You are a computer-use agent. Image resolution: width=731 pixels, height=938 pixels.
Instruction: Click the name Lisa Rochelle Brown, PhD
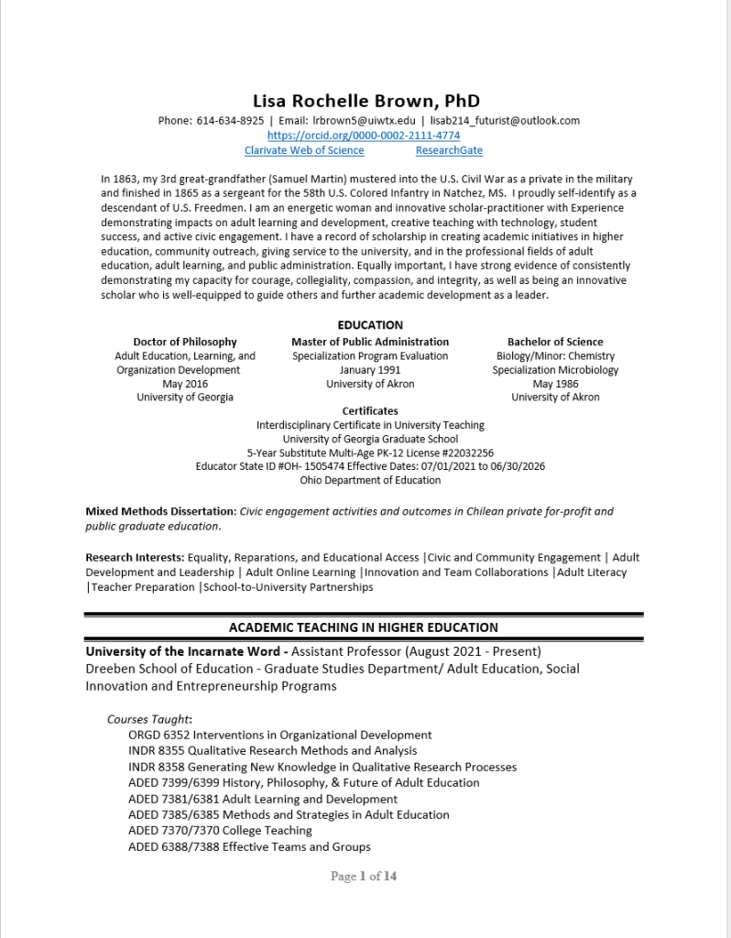point(365,101)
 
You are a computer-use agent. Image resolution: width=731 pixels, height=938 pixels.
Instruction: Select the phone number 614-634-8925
point(230,121)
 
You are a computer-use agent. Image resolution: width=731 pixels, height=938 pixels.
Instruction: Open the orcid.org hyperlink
point(364,136)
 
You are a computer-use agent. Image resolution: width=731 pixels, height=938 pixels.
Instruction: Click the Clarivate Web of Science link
point(304,150)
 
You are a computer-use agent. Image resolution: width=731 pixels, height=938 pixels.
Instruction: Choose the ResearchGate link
point(449,150)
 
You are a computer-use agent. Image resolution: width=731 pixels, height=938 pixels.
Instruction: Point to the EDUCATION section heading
point(370,325)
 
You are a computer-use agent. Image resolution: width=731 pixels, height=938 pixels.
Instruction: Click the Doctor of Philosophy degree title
point(185,342)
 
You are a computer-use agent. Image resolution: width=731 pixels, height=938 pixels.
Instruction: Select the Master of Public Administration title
point(370,342)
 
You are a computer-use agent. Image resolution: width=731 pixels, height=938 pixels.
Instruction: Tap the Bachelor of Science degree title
point(555,342)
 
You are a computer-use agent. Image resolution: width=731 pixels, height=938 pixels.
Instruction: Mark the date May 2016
point(185,384)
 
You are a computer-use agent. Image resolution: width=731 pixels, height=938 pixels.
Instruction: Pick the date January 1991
point(370,370)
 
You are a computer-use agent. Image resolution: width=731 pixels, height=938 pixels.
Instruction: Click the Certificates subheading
point(370,411)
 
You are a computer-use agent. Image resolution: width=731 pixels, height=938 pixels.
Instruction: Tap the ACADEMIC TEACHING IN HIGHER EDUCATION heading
point(364,627)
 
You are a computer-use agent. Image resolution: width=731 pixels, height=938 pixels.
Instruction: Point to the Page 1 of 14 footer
point(364,877)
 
